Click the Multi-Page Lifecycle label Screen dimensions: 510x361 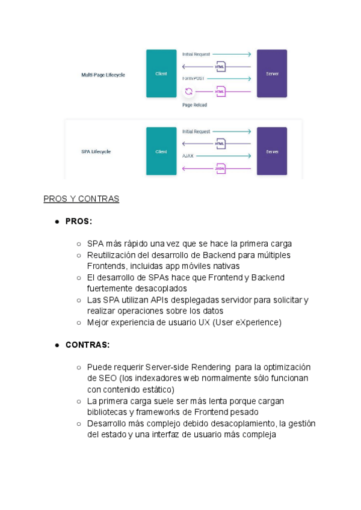coord(103,75)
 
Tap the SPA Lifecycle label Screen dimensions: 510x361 coord(96,152)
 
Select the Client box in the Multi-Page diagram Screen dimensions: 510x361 coord(161,73)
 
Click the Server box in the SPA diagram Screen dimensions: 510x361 coord(272,152)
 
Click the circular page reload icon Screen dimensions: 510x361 coord(188,91)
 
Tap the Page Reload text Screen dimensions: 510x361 coord(194,105)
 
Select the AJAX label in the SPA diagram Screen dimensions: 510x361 coord(188,156)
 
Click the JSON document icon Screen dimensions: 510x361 coord(221,168)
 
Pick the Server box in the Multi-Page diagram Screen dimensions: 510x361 coord(272,73)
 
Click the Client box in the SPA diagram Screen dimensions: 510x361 coord(161,152)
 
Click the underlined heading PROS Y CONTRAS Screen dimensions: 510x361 coord(81,199)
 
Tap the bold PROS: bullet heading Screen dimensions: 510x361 coord(79,221)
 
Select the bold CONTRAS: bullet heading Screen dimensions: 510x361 coord(87,345)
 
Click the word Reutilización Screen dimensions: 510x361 coord(111,255)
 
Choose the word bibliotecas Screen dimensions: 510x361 coord(108,412)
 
